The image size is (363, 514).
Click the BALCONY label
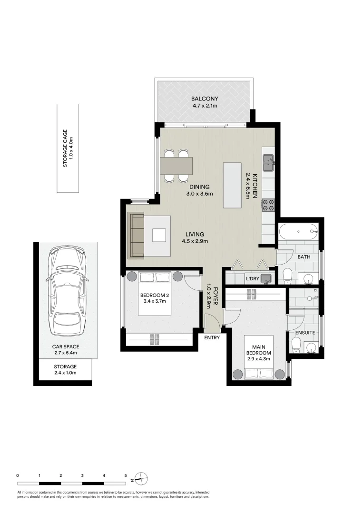click(x=205, y=99)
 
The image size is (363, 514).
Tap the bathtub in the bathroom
click(x=298, y=232)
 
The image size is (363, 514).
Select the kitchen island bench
click(x=233, y=185)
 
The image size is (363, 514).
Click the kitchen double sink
click(x=269, y=163)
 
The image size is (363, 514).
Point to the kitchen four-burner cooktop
click(x=268, y=205)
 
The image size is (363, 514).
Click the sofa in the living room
click(x=136, y=235)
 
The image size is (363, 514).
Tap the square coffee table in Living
click(x=159, y=235)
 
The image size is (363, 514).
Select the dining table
click(x=176, y=166)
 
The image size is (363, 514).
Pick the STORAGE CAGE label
click(x=68, y=148)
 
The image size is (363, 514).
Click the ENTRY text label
click(x=212, y=337)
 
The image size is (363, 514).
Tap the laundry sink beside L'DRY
click(x=266, y=279)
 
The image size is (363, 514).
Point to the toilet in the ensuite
click(x=296, y=346)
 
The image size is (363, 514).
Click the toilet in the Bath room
click(x=288, y=276)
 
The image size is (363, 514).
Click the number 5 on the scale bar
click(x=126, y=475)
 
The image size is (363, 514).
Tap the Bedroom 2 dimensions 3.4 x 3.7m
click(x=155, y=301)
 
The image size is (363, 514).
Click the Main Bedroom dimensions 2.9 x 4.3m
click(x=259, y=359)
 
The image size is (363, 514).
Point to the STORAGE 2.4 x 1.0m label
click(x=65, y=369)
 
